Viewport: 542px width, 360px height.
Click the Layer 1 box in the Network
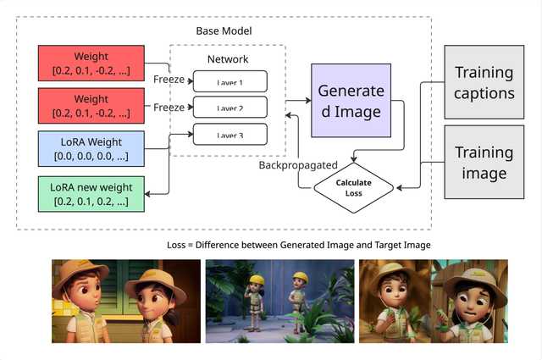tap(230, 81)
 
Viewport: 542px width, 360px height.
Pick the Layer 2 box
tap(230, 108)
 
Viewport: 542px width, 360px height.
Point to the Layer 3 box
tap(230, 134)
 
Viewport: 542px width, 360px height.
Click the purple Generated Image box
tap(351, 100)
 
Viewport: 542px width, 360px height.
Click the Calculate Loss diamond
tap(354, 187)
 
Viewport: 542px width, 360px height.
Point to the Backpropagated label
tap(298, 164)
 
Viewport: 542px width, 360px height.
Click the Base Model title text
tap(224, 30)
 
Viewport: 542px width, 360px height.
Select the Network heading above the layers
tap(229, 59)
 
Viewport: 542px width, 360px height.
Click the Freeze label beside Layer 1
tap(169, 80)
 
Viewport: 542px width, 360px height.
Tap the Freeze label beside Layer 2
tap(169, 107)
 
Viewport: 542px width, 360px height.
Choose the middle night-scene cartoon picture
tap(279, 301)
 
